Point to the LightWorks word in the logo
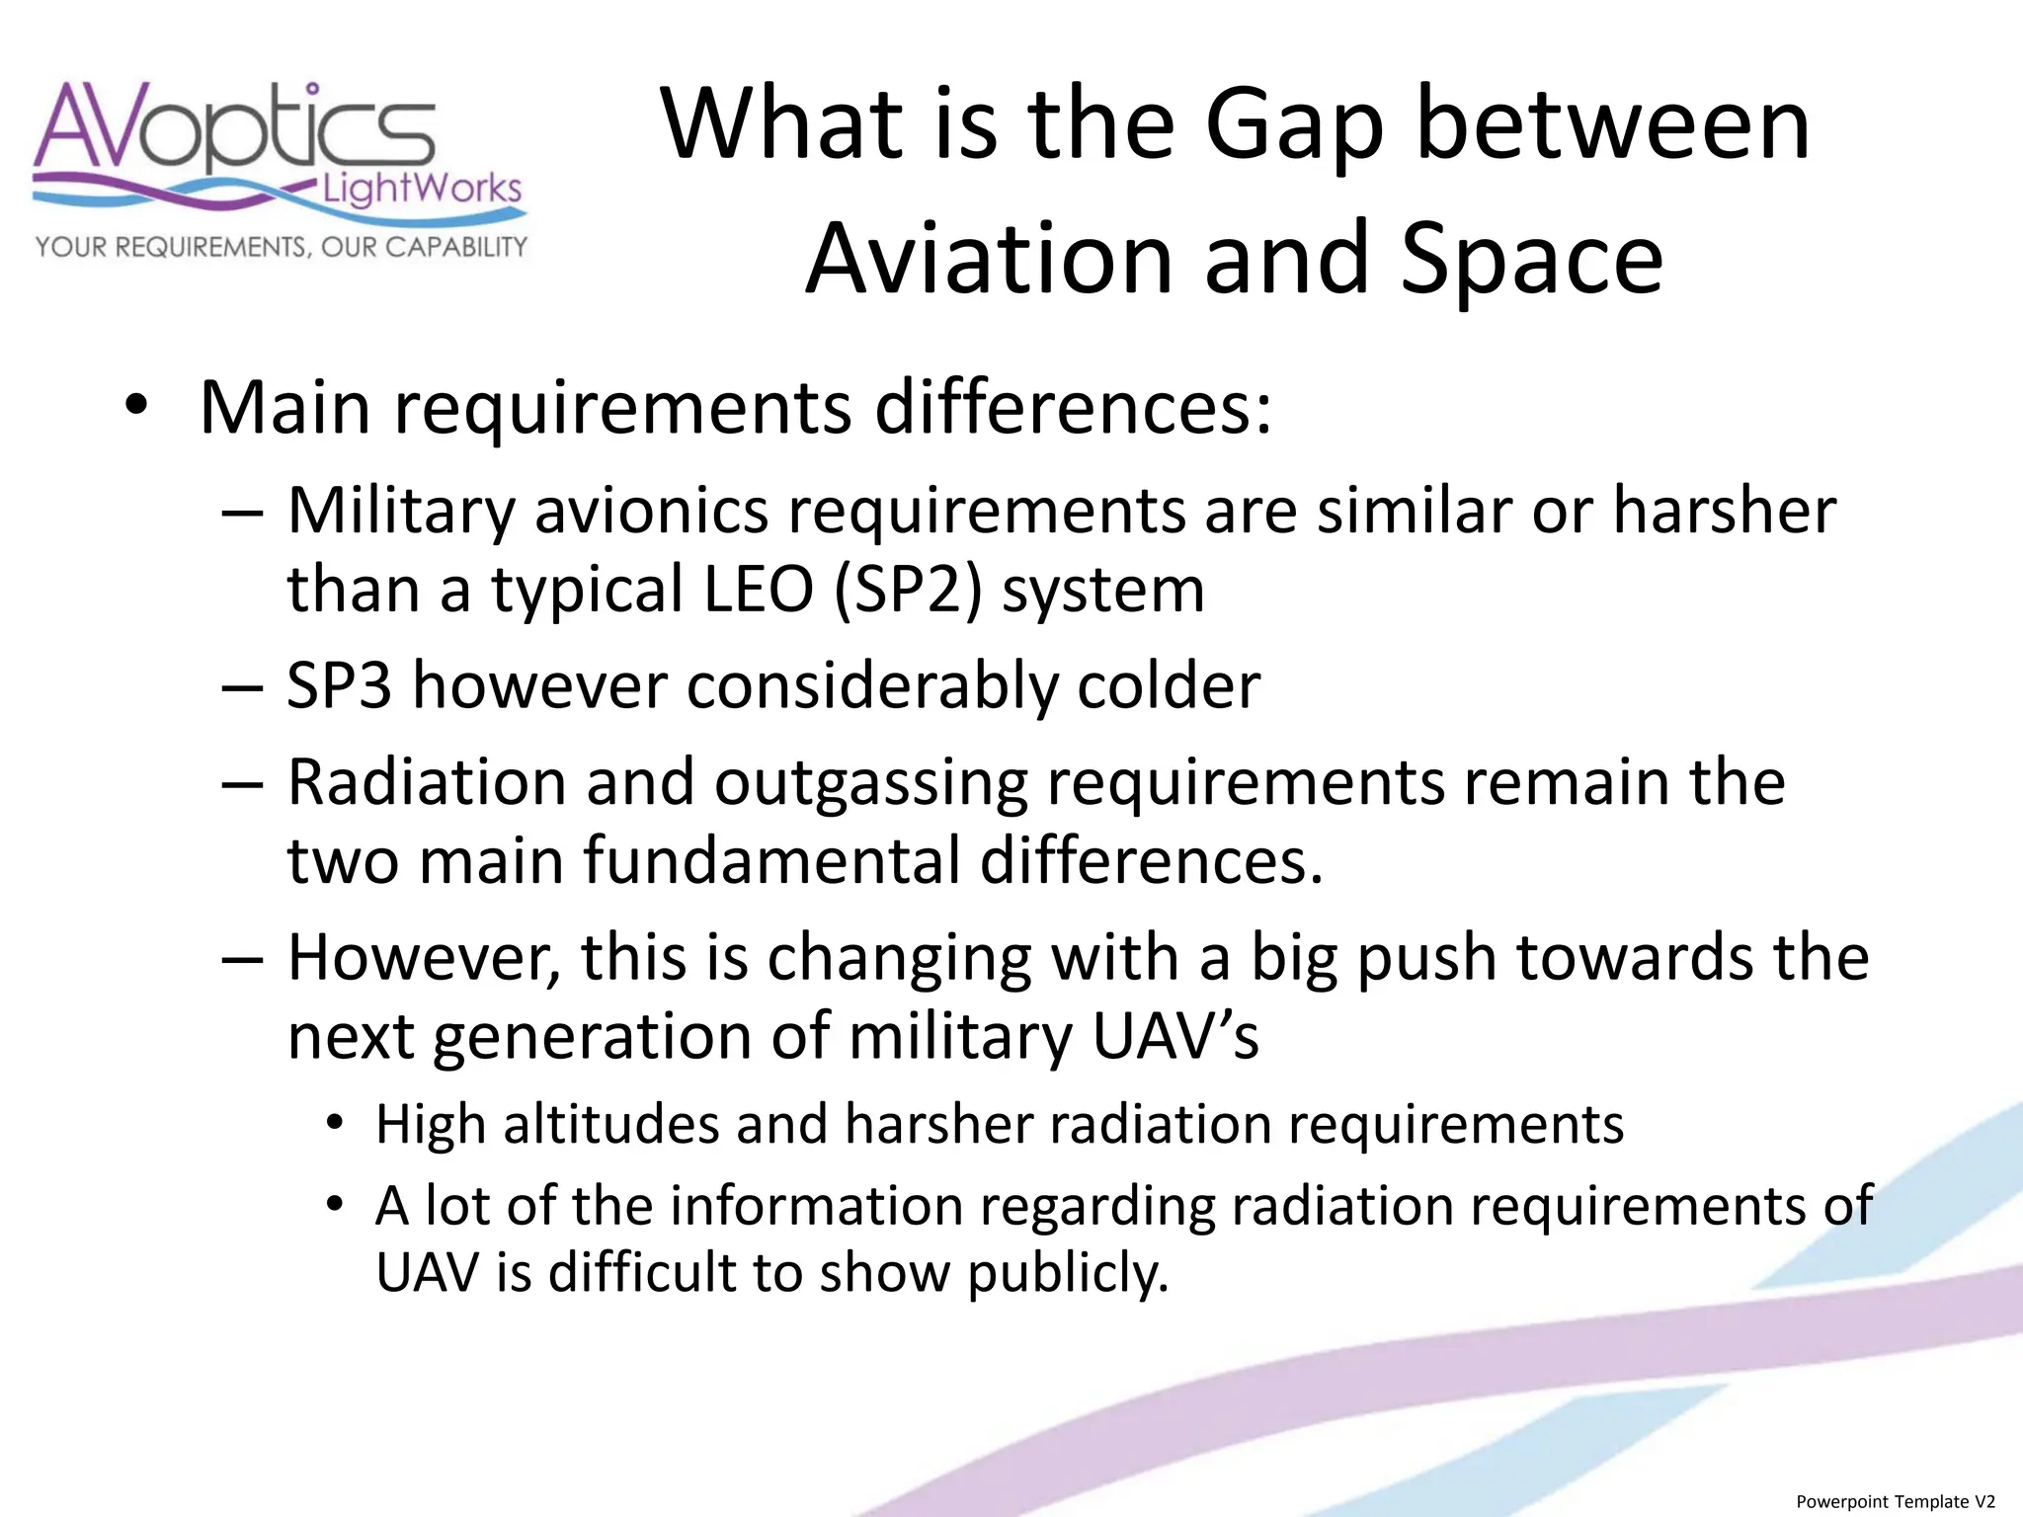(423, 187)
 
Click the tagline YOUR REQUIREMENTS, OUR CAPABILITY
(282, 247)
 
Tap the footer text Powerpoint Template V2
(1896, 1501)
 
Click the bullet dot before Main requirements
(137, 408)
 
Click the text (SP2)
(909, 591)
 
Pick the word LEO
(758, 590)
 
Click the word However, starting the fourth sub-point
(425, 959)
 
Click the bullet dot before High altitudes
(336, 1124)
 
